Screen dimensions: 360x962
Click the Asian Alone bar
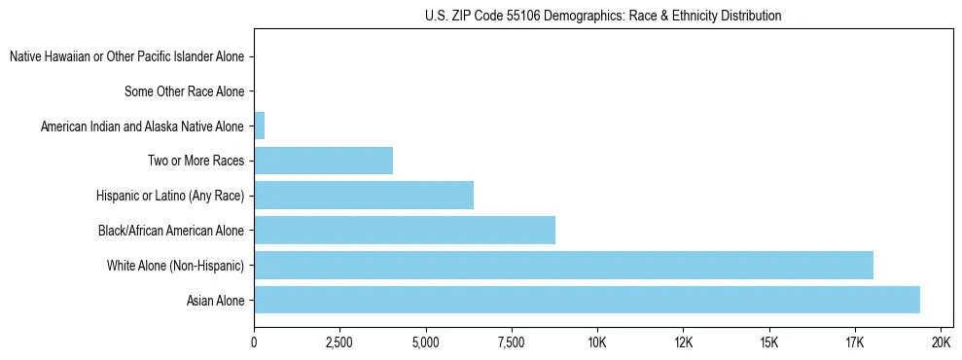pos(587,300)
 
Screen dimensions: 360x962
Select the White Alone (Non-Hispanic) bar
pos(563,265)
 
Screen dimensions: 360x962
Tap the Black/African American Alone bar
pos(405,230)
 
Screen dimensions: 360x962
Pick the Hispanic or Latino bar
pos(364,195)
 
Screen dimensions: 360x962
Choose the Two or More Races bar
pos(323,161)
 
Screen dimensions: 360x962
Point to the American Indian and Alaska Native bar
pos(259,126)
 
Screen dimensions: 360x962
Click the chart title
pos(603,16)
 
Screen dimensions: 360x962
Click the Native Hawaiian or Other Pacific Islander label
pos(126,56)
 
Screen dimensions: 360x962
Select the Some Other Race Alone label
pos(184,91)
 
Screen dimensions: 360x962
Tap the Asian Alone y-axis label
pos(215,301)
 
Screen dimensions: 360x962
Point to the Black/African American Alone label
pos(170,231)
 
